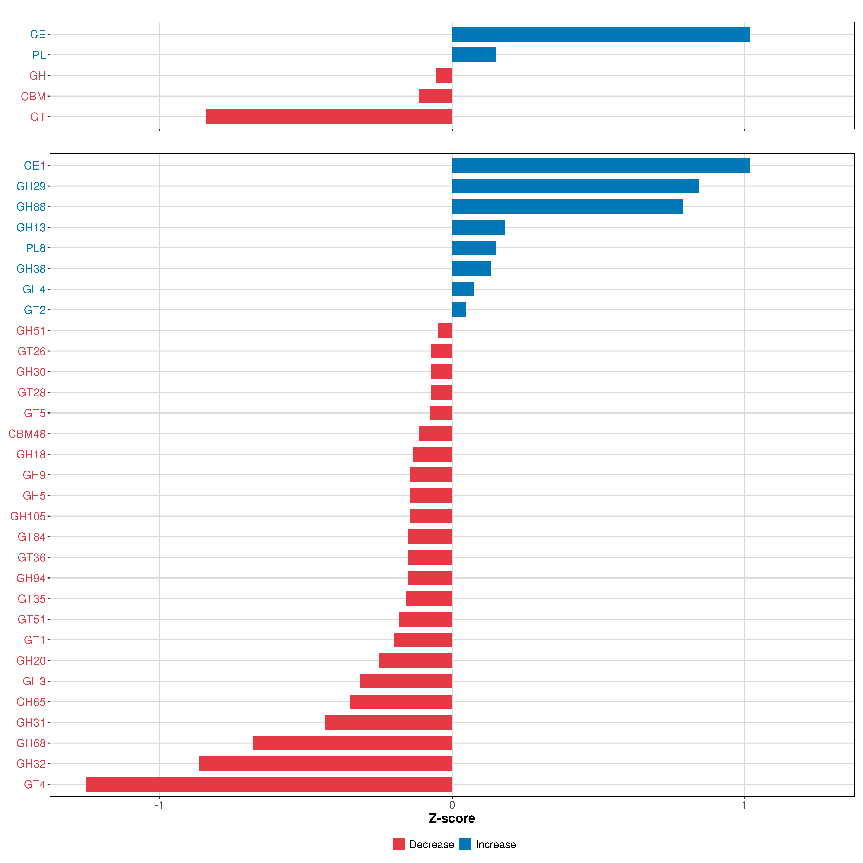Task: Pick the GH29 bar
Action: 575,186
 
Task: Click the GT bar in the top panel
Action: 329,117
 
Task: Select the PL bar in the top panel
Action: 474,55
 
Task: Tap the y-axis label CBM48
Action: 27,434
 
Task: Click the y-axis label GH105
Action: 28,516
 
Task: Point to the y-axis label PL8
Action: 36,248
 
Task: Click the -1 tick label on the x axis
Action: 159,805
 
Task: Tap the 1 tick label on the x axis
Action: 744,805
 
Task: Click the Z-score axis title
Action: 452,818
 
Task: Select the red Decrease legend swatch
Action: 398,844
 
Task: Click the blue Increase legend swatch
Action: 465,844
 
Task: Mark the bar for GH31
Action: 389,722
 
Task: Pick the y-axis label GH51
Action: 31,331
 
